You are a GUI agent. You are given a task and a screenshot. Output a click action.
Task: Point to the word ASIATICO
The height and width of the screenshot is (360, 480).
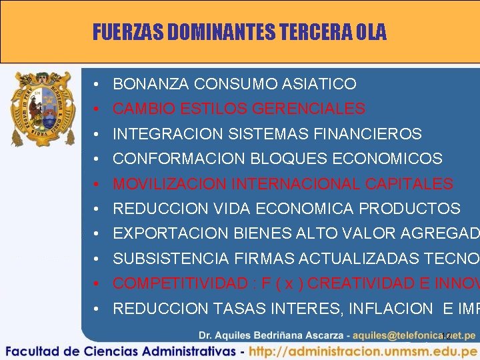click(x=319, y=84)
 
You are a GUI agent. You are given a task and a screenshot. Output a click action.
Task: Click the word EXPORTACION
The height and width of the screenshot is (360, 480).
click(x=171, y=233)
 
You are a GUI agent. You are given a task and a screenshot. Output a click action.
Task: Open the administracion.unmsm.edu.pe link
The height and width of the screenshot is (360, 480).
click(x=365, y=351)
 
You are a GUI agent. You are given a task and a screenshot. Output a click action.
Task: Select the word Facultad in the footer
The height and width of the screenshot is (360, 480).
click(x=35, y=351)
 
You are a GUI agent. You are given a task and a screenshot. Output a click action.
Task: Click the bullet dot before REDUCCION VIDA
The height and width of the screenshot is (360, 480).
click(x=97, y=209)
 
